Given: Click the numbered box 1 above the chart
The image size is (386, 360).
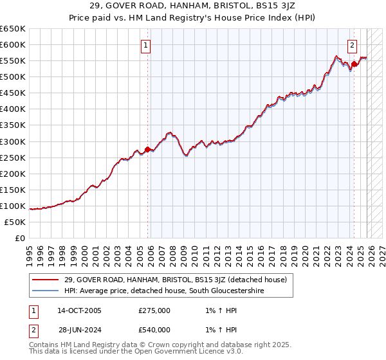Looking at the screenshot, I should point(147,46).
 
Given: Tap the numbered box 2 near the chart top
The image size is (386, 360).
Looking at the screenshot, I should point(353,46).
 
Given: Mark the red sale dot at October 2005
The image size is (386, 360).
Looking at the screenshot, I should point(147,149).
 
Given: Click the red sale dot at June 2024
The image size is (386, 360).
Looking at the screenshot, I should point(354,64).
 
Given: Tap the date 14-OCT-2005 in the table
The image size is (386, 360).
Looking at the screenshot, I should point(79,310).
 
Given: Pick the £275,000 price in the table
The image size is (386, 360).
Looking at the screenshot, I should point(154,310).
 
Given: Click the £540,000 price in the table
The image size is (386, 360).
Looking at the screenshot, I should point(154,330).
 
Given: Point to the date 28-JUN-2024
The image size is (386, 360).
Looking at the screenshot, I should point(79,330).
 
